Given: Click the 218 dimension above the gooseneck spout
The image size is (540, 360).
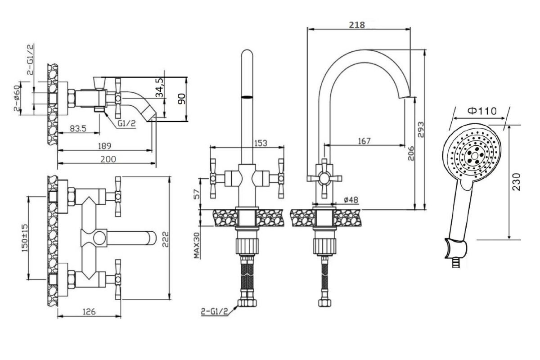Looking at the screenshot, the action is coord(357,25).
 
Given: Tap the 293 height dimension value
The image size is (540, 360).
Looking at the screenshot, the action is coord(420,130).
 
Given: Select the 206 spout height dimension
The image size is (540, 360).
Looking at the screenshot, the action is coord(411,153).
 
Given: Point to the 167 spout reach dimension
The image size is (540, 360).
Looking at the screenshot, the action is coord(364,141).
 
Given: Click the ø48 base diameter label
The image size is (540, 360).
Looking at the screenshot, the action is coord(351,200).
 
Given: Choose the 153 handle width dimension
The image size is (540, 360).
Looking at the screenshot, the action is coord(261,143).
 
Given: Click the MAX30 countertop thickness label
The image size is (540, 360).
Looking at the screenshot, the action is coord(197,245).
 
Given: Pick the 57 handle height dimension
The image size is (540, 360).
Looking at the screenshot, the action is coord(197,194).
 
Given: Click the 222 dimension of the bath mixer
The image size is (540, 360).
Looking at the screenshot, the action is coord(165,239).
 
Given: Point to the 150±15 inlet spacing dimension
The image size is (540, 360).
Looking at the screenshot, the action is coord(25,238).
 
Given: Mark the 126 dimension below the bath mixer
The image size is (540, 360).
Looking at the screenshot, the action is coord(89,312).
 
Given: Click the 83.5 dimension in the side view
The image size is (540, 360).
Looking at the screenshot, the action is coord(78,129).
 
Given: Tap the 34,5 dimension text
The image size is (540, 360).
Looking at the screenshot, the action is coord(159,88).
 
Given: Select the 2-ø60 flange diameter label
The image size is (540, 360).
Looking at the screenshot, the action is coord(17,98).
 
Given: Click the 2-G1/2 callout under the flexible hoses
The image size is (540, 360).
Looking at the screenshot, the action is coord(215,312).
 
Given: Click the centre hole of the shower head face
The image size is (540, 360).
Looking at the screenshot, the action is coord(475,156).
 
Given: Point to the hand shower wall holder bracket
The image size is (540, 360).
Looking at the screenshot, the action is coord(455,250).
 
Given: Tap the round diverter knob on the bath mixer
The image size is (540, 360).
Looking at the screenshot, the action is coord(99,238).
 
